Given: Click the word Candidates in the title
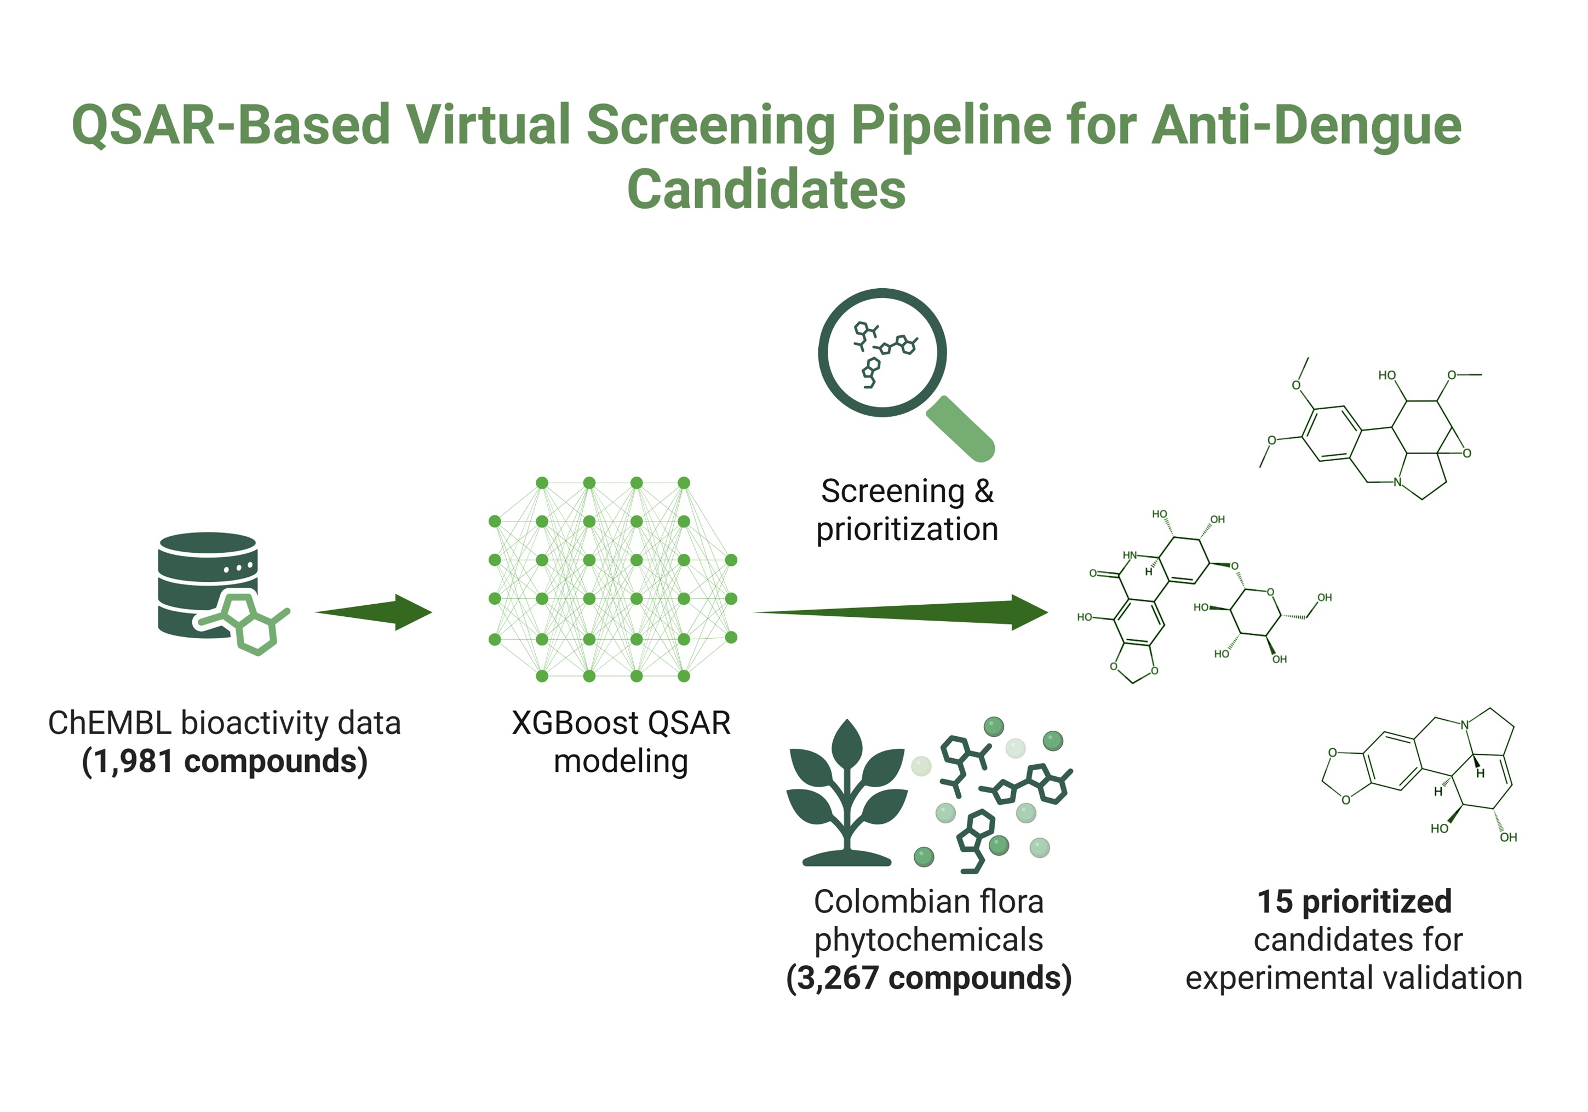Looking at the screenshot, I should tap(766, 190).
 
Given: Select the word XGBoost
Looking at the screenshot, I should tap(574, 724).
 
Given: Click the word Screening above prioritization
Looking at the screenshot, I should tap(892, 492).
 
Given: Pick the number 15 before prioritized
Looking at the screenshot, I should tap(1274, 902).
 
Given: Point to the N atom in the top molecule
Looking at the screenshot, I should tap(1397, 482).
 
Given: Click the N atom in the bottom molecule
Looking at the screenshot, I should tap(1464, 725).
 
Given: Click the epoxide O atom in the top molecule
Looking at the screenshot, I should tap(1467, 454).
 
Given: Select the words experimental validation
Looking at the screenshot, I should tap(1354, 978).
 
